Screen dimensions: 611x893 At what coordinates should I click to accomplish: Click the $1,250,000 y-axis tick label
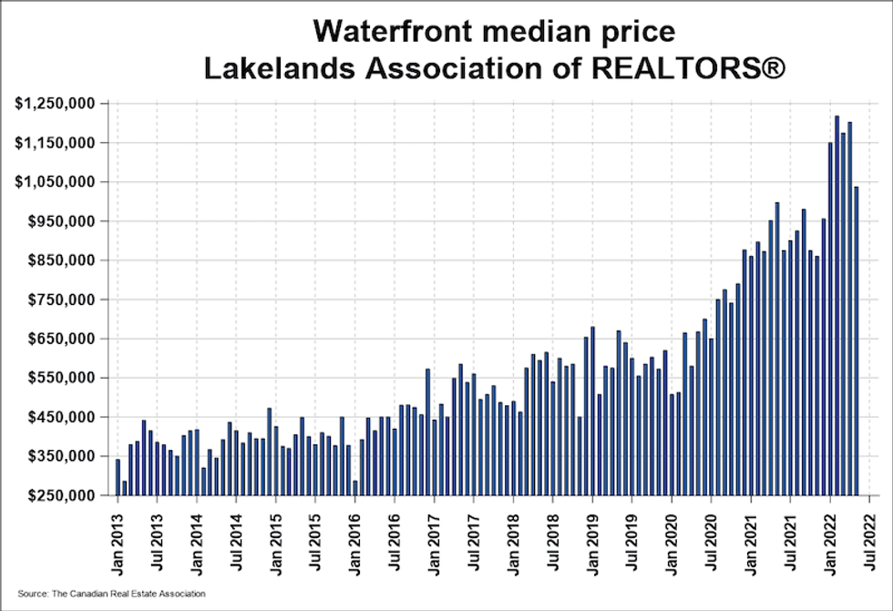(x=56, y=104)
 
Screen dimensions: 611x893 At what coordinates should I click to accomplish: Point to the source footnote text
(x=111, y=594)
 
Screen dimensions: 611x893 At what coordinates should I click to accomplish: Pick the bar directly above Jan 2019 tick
(x=592, y=411)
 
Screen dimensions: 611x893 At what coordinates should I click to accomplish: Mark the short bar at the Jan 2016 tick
(x=354, y=487)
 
